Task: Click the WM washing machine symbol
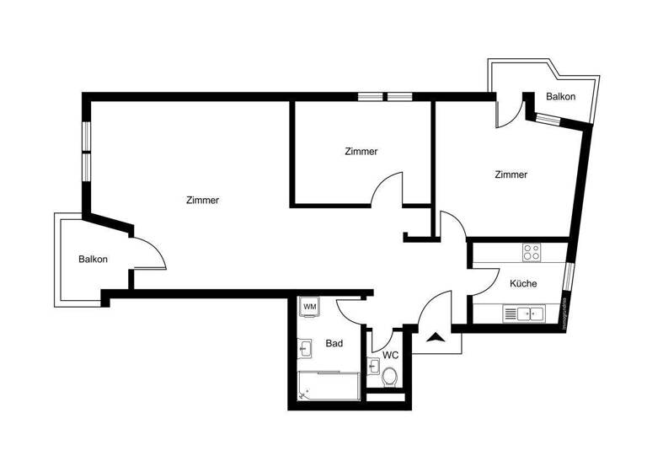click(x=309, y=306)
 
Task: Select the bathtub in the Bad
click(x=329, y=387)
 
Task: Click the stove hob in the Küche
click(x=532, y=252)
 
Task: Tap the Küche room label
click(x=523, y=284)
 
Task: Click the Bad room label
click(x=334, y=344)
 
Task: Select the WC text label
click(x=390, y=355)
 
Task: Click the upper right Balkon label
click(x=560, y=97)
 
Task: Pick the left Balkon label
click(x=93, y=259)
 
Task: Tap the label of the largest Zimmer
click(x=202, y=201)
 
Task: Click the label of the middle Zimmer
click(x=361, y=152)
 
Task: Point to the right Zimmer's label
click(x=511, y=175)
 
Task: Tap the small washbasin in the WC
click(x=373, y=366)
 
